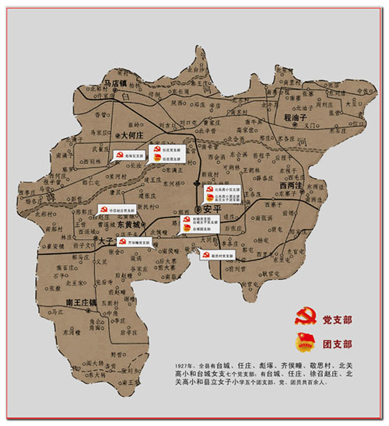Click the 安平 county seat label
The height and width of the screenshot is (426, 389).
(212, 209)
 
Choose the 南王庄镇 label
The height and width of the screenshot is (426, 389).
(81, 302)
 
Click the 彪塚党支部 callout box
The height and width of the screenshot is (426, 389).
(128, 155)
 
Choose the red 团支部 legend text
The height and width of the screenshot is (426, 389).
(336, 343)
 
